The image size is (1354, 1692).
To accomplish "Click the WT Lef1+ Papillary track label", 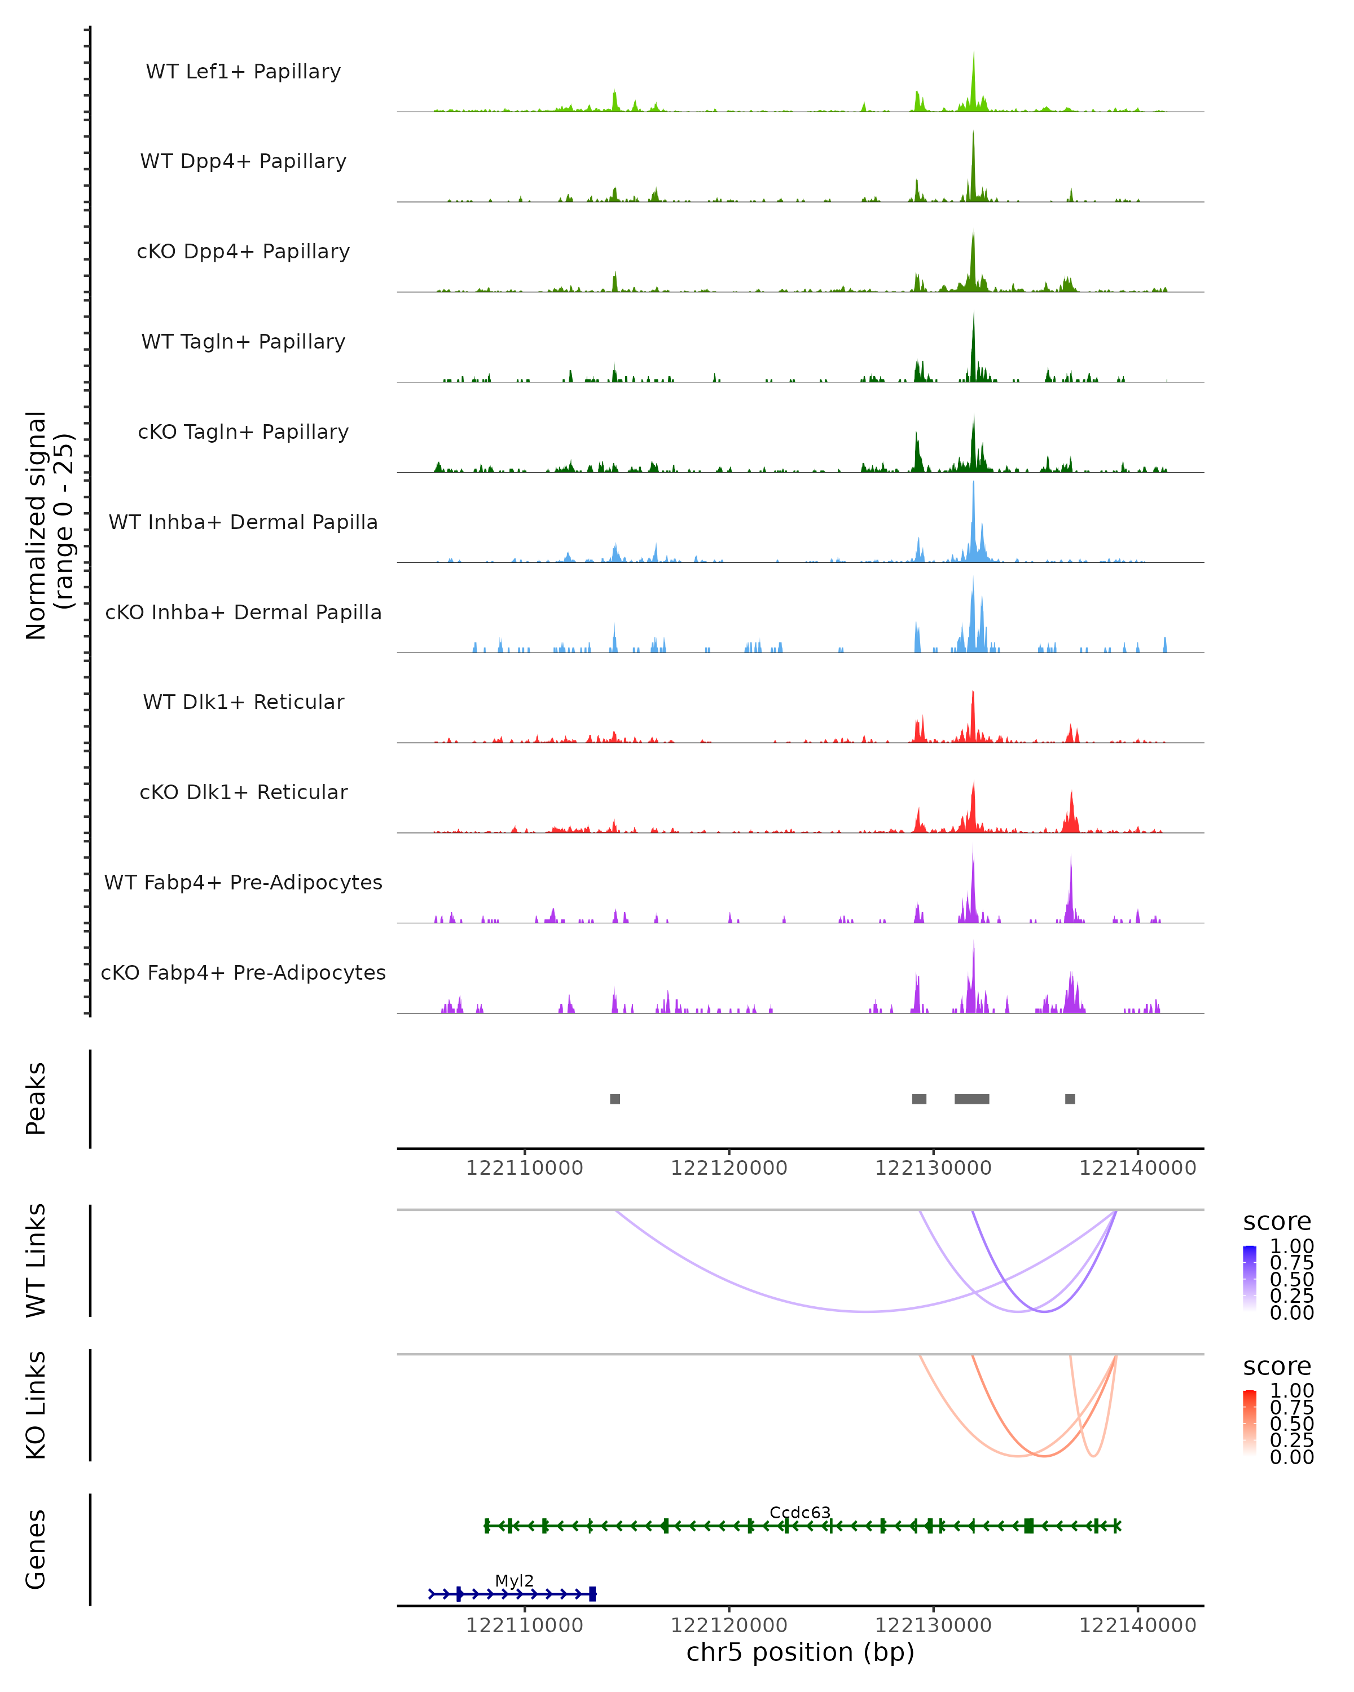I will pyautogui.click(x=243, y=72).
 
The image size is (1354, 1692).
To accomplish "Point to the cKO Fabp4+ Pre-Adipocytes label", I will pyautogui.click(x=243, y=972).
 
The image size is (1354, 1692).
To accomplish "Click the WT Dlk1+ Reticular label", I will pyautogui.click(x=243, y=702).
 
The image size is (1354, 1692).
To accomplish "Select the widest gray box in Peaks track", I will pyautogui.click(x=971, y=1099).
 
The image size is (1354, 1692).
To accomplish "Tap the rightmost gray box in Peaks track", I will pyautogui.click(x=1070, y=1099).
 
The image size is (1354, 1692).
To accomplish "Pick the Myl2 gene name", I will pyautogui.click(x=514, y=1580).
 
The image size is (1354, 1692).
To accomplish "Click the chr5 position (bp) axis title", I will pyautogui.click(x=800, y=1652).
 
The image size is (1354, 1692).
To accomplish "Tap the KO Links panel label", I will pyautogui.click(x=36, y=1405).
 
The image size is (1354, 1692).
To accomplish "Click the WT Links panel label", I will pyautogui.click(x=36, y=1261).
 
